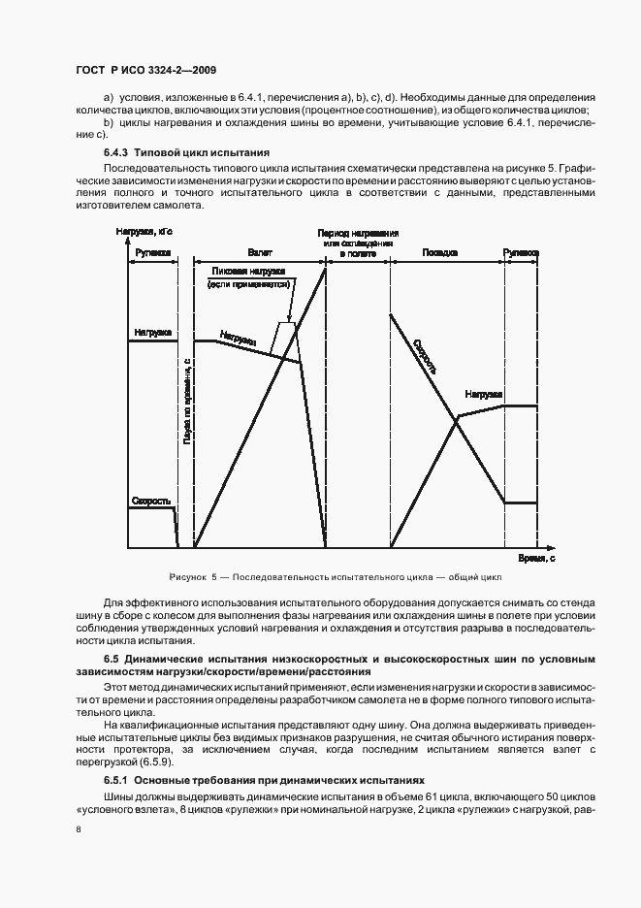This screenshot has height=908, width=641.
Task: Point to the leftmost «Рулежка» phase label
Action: tap(152, 251)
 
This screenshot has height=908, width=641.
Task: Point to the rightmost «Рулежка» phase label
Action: tap(521, 251)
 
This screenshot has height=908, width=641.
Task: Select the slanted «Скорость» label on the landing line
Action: tap(424, 357)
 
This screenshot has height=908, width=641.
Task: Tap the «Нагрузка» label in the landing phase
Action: tap(482, 395)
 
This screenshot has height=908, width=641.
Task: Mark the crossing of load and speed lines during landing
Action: tap(456, 418)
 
